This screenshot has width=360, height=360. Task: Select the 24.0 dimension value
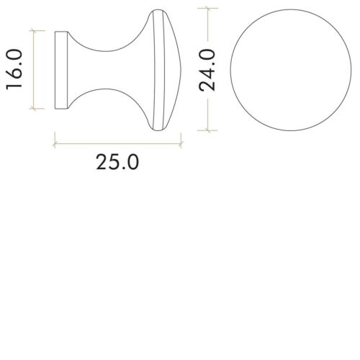coord(209,70)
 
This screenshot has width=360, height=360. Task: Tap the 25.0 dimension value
coord(117,162)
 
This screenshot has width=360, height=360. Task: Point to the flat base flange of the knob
coord(62,70)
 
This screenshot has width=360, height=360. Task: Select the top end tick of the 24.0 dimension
coord(209,8)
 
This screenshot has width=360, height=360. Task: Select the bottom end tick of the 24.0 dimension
coord(209,131)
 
